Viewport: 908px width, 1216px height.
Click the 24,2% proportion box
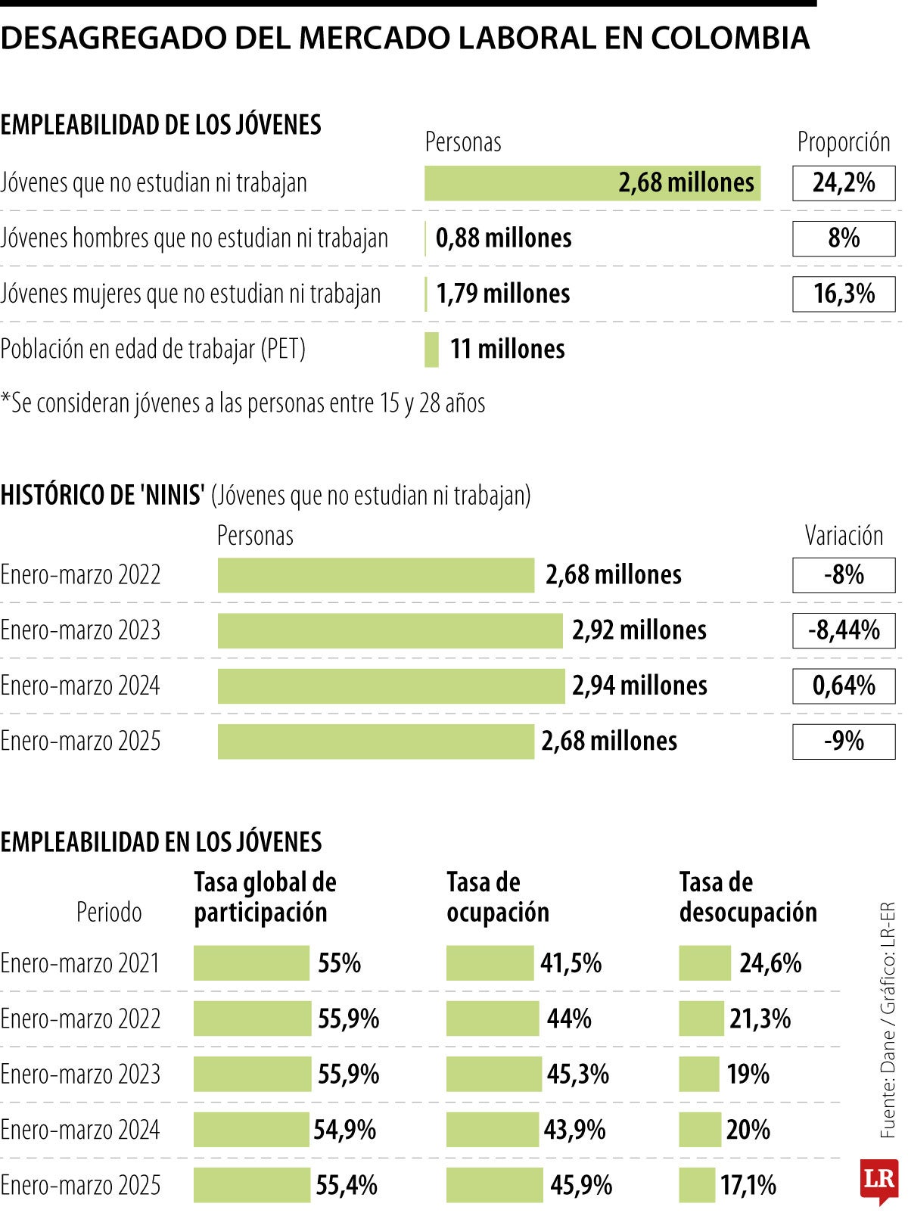[843, 182]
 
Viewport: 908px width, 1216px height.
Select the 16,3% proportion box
[843, 294]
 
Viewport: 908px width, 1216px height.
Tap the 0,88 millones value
[503, 238]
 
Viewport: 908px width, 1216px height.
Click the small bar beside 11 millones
[431, 349]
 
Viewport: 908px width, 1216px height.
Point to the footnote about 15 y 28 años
[243, 403]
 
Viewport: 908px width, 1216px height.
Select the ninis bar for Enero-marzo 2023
[390, 630]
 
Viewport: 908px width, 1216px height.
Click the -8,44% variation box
[843, 630]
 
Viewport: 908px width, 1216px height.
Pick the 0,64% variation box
[843, 686]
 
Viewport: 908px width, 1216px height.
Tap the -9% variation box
[843, 741]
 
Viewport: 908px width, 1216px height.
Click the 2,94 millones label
[639, 686]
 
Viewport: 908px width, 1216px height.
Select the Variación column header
[843, 536]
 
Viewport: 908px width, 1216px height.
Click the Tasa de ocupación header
[497, 897]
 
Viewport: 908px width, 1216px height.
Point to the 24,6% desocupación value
[770, 963]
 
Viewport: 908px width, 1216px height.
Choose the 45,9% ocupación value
[580, 1185]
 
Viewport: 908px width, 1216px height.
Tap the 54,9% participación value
[345, 1130]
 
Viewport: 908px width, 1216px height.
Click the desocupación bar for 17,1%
[696, 1185]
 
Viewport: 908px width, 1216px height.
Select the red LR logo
[878, 1180]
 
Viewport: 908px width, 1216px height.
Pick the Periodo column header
[109, 912]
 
